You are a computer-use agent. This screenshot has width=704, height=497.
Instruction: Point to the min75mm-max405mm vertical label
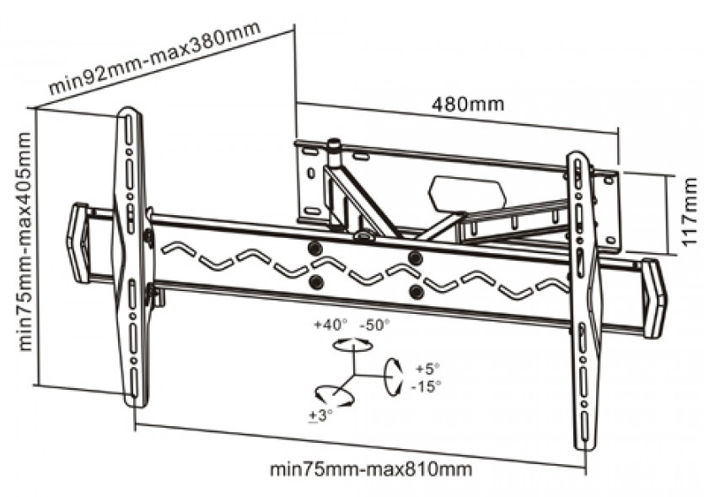click(x=24, y=240)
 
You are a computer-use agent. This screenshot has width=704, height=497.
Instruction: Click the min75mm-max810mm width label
click(x=370, y=468)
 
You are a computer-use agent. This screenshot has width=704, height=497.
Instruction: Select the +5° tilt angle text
click(x=427, y=369)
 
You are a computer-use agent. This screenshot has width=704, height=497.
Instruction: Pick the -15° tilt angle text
click(x=427, y=386)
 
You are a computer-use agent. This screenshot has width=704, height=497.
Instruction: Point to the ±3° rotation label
click(x=321, y=415)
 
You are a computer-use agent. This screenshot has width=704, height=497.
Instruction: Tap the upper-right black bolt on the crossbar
click(x=414, y=257)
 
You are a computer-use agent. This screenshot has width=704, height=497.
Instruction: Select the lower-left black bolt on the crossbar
click(x=315, y=282)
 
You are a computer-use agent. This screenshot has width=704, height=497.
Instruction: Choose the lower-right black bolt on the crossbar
click(x=415, y=291)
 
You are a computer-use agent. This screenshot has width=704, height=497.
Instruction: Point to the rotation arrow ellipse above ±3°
click(x=330, y=394)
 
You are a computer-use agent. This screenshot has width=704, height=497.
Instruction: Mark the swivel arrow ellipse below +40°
click(x=352, y=344)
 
